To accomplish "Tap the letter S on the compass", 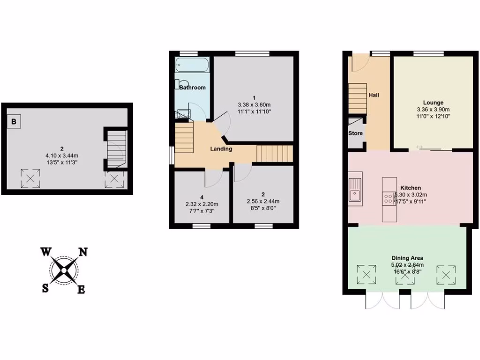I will click(x=45, y=288).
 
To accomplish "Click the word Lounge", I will click(x=433, y=103).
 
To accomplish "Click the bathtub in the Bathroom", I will click(x=192, y=65).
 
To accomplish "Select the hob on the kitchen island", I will click(x=389, y=199).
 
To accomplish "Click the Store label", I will click(x=355, y=133).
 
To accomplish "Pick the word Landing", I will click(x=221, y=149).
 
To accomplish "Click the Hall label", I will click(x=374, y=95).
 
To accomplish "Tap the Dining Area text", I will click(x=407, y=258).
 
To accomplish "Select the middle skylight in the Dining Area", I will click(x=405, y=275).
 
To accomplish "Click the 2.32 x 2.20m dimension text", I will click(x=202, y=204).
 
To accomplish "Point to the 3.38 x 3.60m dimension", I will click(x=255, y=105).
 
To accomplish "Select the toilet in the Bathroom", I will click(x=180, y=84).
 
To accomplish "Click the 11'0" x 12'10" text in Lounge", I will click(x=433, y=116).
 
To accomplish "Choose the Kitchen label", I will click(x=411, y=187).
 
